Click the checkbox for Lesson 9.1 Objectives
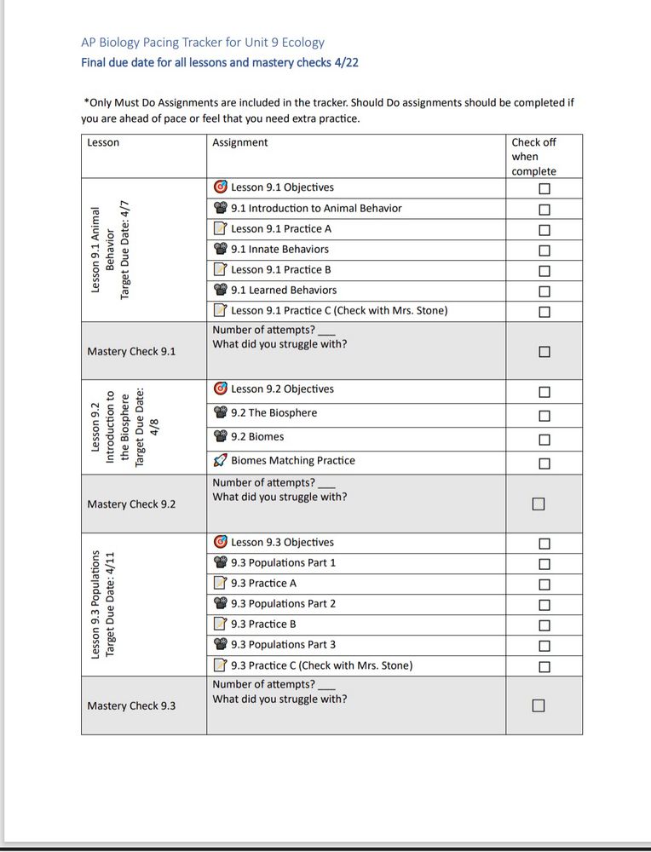(544, 188)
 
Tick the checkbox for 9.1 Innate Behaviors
(544, 250)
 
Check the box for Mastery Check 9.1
(544, 351)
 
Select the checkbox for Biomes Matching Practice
(544, 463)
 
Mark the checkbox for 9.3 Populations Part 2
(544, 604)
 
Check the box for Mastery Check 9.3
(538, 705)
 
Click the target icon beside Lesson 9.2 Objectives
(220, 389)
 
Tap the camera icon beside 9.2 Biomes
(220, 437)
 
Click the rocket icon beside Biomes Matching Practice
(220, 461)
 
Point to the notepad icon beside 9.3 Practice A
(220, 584)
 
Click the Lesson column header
(103, 143)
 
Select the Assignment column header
(239, 143)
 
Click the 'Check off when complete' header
(533, 157)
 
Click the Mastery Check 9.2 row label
(131, 504)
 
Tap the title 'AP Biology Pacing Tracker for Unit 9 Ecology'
(202, 42)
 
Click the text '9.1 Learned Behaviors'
(284, 291)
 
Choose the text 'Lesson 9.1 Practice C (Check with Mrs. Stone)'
(338, 311)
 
